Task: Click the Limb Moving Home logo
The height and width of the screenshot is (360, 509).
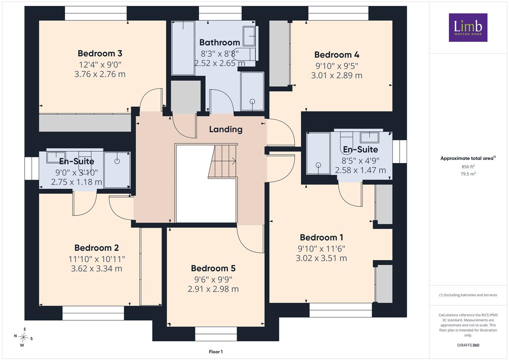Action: click(468, 27)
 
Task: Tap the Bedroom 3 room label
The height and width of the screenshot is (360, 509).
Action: click(100, 53)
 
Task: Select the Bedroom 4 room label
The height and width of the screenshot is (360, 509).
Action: click(337, 55)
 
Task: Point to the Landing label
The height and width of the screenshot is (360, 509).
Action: click(226, 130)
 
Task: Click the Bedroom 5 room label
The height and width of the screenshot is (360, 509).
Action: click(213, 268)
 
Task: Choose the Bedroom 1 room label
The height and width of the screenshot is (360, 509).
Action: click(321, 237)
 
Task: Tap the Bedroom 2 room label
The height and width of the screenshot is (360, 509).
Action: click(97, 248)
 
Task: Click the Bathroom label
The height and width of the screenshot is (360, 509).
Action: click(220, 43)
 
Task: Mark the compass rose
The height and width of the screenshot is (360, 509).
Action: click(23, 337)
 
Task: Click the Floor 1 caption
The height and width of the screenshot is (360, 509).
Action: click(216, 352)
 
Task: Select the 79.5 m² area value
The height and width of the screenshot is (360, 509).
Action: click(468, 174)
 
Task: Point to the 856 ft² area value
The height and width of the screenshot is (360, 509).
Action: click(468, 167)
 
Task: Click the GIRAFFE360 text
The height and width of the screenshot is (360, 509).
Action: click(468, 345)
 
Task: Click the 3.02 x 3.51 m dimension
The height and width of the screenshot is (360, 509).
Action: click(321, 258)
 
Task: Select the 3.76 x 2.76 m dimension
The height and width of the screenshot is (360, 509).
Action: click(100, 74)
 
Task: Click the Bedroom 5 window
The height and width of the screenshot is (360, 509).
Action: click(216, 334)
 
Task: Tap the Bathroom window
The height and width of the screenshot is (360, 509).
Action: click(220, 13)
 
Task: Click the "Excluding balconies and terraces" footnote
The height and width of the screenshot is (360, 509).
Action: click(468, 295)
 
